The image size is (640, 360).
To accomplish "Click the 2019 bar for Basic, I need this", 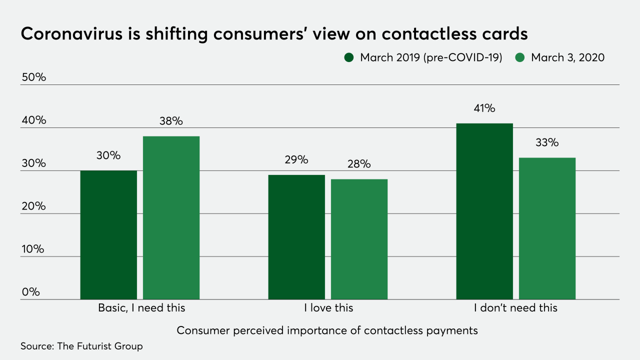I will (x=108, y=235).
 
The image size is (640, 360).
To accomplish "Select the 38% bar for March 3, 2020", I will (x=171, y=218).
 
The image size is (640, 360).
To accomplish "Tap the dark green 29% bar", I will (x=296, y=237).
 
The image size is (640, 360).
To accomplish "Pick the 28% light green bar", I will (x=359, y=239).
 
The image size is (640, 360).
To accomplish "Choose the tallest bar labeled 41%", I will (x=484, y=211).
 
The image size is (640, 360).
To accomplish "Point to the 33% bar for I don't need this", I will (x=547, y=228).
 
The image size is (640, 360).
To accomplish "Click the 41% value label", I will (x=484, y=108).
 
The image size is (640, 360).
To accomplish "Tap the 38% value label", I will (x=171, y=121).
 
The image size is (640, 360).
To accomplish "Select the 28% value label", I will (x=359, y=164).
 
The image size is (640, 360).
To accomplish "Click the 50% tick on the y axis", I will (x=33, y=77).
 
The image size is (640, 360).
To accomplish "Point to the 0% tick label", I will (x=30, y=292).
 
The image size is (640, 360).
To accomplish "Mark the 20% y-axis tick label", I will (x=33, y=206).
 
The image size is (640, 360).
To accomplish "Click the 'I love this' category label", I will (x=328, y=308).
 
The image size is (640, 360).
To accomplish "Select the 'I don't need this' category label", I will (x=515, y=308).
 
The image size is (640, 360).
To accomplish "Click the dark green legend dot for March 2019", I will (x=349, y=57).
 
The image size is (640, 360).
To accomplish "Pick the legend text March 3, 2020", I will (x=567, y=57).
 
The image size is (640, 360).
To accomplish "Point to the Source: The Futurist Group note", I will (x=81, y=346).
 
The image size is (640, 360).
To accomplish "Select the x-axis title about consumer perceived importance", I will (x=327, y=330).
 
